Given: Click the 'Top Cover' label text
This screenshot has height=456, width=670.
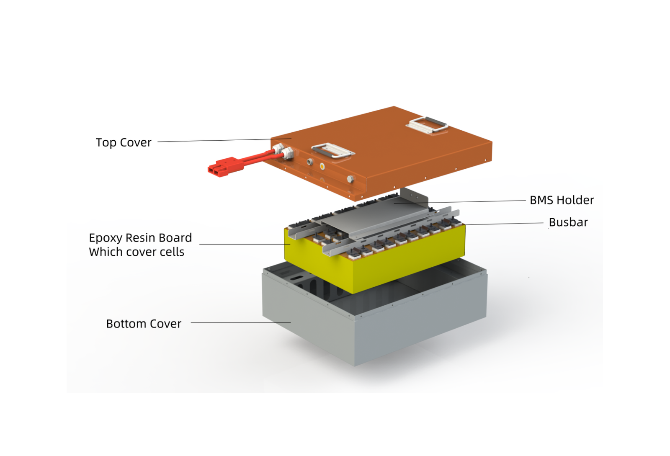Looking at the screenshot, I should click(124, 143).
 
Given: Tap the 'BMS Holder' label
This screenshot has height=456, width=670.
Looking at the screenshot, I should click(562, 200).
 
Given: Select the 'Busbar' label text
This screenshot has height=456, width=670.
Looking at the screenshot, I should click(568, 222).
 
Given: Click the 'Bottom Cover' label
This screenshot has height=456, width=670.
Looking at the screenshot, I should click(144, 324).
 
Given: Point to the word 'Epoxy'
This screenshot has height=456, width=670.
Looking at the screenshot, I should click(106, 238).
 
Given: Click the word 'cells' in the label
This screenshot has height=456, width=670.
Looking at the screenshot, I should click(172, 252).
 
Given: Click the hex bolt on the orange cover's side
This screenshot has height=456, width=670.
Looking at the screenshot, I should click(350, 179).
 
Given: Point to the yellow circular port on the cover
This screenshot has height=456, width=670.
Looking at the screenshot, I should click(322, 166).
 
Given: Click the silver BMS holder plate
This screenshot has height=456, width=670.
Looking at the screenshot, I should click(377, 214).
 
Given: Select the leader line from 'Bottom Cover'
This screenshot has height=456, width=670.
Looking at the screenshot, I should click(241, 323).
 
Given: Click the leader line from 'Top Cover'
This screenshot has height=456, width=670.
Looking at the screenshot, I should click(224, 140).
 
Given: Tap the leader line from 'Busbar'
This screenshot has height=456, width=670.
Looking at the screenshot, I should click(502, 224).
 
